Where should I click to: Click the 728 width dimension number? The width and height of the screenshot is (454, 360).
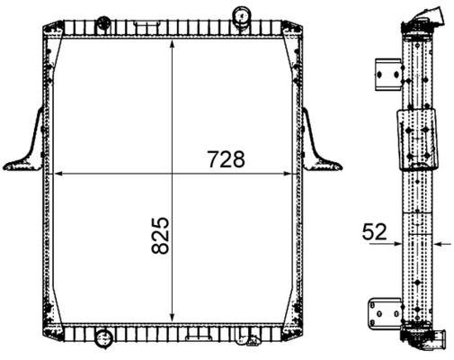[227, 159]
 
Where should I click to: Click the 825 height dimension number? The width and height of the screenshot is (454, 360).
[160, 236]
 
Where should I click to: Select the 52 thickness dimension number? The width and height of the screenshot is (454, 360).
[375, 232]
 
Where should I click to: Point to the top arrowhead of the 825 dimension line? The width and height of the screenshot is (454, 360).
[172, 44]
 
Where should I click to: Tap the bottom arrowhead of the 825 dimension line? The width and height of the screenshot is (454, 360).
[172, 317]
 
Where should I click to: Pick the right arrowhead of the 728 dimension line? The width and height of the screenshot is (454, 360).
[287, 174]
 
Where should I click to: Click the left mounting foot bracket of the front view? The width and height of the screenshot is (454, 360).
[25, 143]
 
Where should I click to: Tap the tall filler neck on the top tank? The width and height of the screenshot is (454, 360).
[241, 16]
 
